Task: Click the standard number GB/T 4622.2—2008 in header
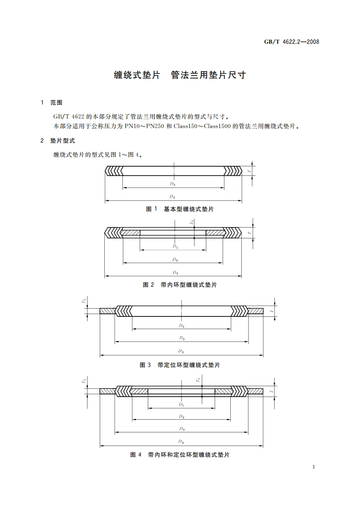click(292, 42)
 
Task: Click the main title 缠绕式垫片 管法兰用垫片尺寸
click(180, 75)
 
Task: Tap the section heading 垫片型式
click(65, 141)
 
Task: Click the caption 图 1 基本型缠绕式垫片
click(180, 209)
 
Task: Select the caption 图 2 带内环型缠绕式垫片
click(180, 285)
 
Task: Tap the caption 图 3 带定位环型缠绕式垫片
click(180, 364)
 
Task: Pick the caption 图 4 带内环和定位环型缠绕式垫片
click(180, 454)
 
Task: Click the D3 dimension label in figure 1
click(173, 196)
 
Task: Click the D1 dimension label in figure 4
click(181, 404)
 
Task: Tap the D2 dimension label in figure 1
click(173, 184)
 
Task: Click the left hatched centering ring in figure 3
click(107, 311)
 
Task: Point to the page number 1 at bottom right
click(314, 467)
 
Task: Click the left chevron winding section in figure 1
click(114, 171)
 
